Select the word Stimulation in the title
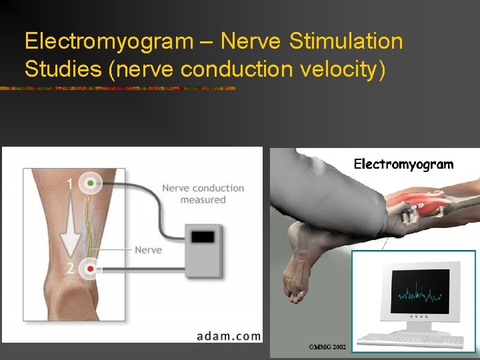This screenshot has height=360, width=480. (347, 41)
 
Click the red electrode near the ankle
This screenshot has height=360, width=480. (89, 269)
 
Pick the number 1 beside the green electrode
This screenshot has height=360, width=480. (70, 183)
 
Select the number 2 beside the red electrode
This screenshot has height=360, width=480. (69, 269)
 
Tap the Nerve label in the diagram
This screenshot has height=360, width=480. (148, 250)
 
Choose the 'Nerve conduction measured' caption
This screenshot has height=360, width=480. (203, 193)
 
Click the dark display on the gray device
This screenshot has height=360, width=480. (203, 237)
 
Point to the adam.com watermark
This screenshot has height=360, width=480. (229, 335)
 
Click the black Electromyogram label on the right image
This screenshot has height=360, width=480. (403, 164)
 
